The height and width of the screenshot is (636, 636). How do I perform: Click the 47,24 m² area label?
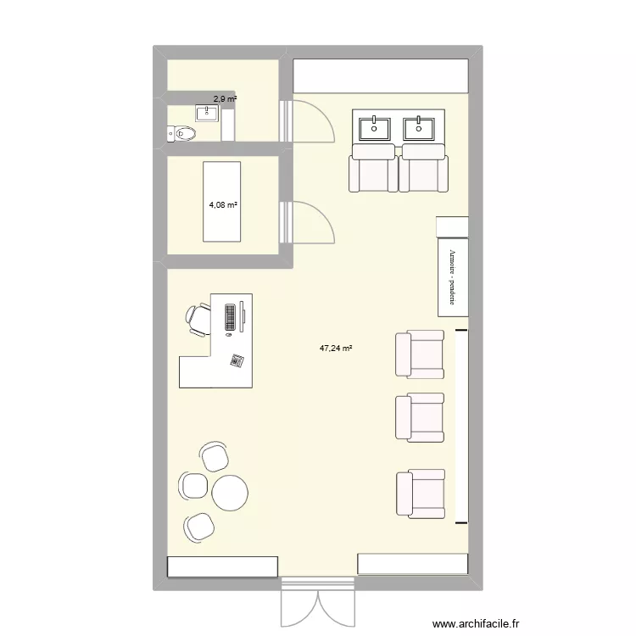click(336, 347)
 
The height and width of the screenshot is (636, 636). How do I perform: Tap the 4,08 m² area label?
click(223, 204)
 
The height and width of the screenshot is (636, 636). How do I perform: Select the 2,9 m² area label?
click(225, 99)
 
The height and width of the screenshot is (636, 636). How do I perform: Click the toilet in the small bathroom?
click(182, 132)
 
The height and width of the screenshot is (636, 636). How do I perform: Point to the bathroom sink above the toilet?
click(209, 113)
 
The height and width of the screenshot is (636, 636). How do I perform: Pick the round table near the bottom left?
click(229, 493)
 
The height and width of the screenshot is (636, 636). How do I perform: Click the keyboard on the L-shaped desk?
click(230, 316)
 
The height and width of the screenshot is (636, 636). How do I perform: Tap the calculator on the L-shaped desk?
click(237, 360)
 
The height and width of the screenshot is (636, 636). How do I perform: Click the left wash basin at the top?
click(375, 128)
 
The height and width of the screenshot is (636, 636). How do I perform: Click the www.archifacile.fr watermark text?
click(475, 623)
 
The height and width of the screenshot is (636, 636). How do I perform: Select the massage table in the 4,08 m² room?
click(220, 201)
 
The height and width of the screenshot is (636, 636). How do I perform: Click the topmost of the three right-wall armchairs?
click(419, 354)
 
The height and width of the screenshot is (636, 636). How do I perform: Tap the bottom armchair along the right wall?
click(419, 495)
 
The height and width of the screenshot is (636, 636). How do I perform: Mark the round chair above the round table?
click(215, 456)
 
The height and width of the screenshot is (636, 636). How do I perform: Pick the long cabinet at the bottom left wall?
click(222, 566)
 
